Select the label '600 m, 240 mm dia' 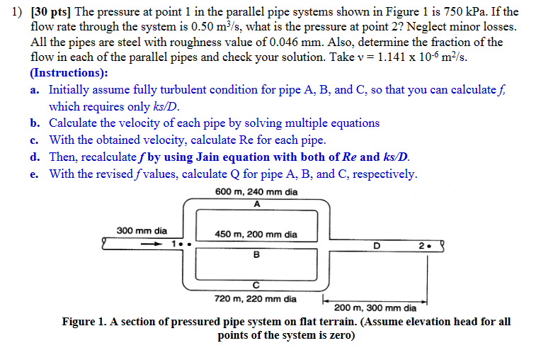(256, 192)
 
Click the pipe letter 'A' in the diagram (256, 204)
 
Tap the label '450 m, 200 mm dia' (256, 235)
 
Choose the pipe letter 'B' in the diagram (256, 254)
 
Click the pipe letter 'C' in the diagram (256, 285)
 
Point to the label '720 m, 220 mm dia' (256, 298)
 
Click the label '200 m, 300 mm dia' (375, 308)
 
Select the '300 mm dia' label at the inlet (142, 230)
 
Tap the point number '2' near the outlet (421, 246)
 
